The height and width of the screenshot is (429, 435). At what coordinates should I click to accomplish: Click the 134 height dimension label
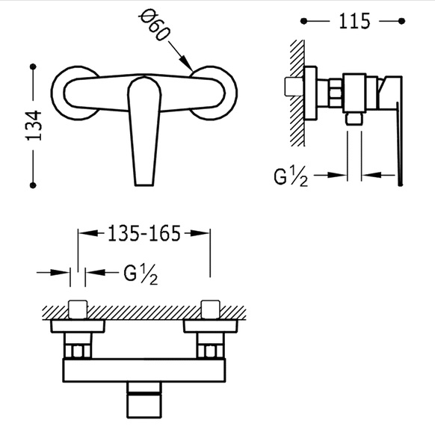pyautogui.click(x=34, y=126)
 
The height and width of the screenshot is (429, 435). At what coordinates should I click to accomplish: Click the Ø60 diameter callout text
pyautogui.click(x=154, y=25)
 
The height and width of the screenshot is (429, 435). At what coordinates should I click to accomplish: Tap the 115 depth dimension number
pyautogui.click(x=354, y=21)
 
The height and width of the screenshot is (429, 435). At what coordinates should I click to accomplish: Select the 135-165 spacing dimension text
pyautogui.click(x=144, y=233)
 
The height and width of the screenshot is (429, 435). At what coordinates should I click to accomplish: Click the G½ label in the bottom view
pyautogui.click(x=141, y=275)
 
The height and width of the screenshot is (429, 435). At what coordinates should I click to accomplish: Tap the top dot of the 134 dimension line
pyautogui.click(x=34, y=67)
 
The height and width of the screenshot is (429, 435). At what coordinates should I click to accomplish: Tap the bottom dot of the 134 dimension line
pyautogui.click(x=33, y=185)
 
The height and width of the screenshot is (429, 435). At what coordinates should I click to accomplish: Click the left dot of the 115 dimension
pyautogui.click(x=304, y=21)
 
